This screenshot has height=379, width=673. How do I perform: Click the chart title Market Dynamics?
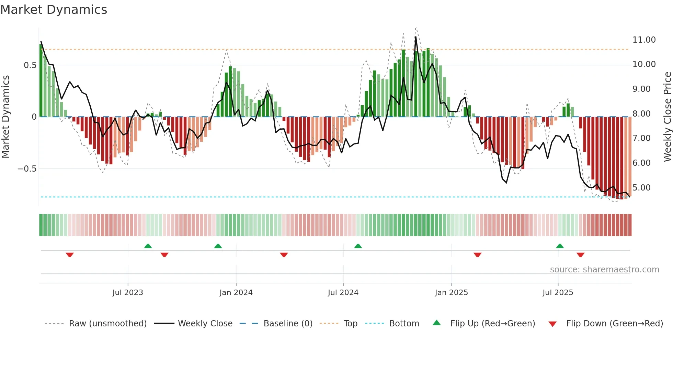pyautogui.click(x=54, y=10)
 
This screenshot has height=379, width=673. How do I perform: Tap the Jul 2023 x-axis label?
pyautogui.click(x=128, y=293)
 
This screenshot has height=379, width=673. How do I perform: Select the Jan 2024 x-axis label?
pyautogui.click(x=236, y=293)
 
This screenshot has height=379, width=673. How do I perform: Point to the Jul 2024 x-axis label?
pyautogui.click(x=343, y=293)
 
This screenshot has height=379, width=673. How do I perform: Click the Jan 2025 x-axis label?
pyautogui.click(x=451, y=293)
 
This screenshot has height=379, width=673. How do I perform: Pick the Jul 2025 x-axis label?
pyautogui.click(x=558, y=293)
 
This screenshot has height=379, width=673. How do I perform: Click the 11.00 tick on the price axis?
pyautogui.click(x=644, y=40)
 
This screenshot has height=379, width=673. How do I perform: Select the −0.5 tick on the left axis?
pyautogui.click(x=27, y=169)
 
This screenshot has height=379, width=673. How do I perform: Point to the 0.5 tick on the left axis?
pyautogui.click(x=30, y=65)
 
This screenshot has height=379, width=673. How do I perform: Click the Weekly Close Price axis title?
pyautogui.click(x=667, y=117)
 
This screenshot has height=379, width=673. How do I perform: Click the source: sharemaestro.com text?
pyautogui.click(x=604, y=270)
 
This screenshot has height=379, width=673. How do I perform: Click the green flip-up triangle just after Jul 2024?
pyautogui.click(x=358, y=246)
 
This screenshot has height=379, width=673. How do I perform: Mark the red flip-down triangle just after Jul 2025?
pyautogui.click(x=580, y=255)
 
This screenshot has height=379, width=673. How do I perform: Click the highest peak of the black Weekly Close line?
pyautogui.click(x=415, y=37)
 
